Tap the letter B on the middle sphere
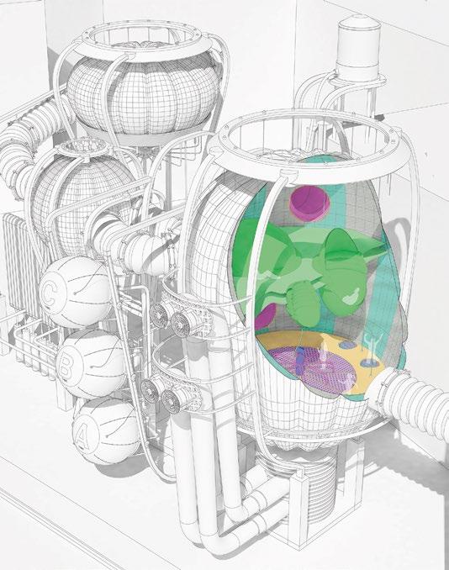[66, 362]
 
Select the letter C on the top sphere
[49, 293]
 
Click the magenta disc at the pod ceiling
[309, 204]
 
